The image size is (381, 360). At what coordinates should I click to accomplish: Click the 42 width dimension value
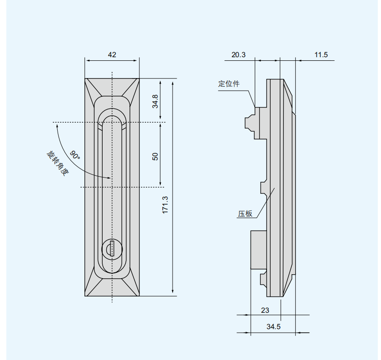coord(112,54)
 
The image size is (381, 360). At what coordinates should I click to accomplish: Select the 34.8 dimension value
coord(155,101)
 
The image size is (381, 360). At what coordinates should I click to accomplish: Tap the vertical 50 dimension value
coord(155,157)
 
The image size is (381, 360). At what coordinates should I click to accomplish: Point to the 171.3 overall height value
coord(165,205)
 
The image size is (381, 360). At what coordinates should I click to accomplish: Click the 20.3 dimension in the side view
coord(238,54)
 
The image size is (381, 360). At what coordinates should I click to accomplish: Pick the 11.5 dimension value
coord(321,54)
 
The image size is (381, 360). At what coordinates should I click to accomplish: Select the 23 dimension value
coord(265,310)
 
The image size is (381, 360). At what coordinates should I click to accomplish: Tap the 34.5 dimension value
coord(273,327)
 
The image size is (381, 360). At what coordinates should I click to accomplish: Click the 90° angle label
coord(75,155)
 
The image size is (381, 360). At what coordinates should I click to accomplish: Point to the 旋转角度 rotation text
coord(58,163)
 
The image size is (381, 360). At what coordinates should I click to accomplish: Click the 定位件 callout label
coord(229,84)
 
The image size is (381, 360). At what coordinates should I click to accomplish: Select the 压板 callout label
coord(245,214)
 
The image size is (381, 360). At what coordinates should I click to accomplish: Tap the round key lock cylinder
coord(112,249)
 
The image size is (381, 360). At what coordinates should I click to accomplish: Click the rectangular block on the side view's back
coord(259,250)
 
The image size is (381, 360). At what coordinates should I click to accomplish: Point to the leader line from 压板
coord(266,202)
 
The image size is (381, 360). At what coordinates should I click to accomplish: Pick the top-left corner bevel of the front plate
coord(93,93)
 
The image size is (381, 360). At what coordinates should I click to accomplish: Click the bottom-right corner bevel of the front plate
coord(130,282)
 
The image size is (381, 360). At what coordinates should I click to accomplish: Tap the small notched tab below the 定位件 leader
coord(250,123)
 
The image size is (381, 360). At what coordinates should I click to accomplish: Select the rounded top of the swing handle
coord(112,118)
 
